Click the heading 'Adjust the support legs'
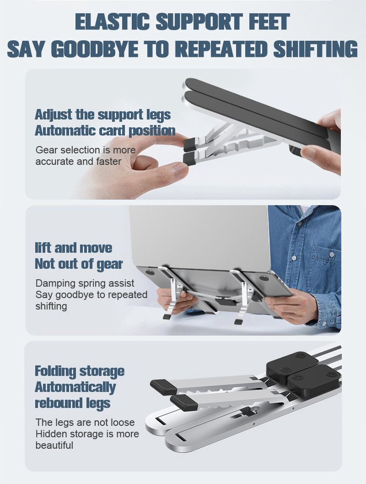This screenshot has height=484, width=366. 102,115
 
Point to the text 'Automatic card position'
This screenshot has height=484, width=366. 105,131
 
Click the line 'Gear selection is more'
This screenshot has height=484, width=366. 86,150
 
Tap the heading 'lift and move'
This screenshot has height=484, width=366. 73,248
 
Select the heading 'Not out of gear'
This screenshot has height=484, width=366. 79,264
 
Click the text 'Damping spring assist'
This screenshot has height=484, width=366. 85,283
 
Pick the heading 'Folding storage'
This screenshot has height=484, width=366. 80,371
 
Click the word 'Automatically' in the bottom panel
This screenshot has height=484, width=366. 75,387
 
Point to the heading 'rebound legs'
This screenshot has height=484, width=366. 72,403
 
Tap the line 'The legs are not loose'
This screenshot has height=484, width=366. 85,422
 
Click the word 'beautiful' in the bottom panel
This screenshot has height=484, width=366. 54,446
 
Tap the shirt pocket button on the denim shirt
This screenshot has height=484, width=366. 332,255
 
